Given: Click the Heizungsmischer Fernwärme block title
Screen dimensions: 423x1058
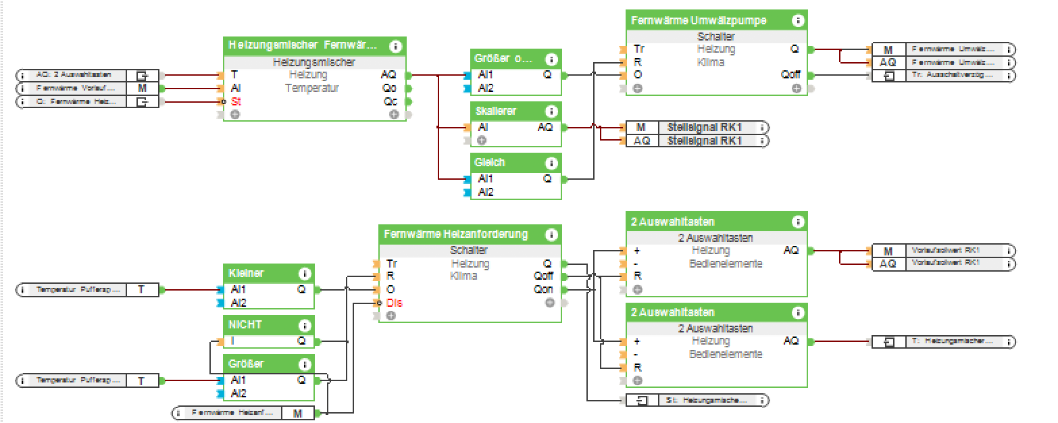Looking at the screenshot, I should (303, 46).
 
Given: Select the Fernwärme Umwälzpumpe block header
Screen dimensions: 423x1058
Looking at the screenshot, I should (699, 20).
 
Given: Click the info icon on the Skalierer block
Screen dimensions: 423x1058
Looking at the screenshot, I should (551, 111).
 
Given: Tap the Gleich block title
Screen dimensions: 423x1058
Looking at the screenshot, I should (490, 163).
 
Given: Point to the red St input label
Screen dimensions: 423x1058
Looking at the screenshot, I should (236, 101).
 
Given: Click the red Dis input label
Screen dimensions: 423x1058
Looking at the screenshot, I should (395, 302).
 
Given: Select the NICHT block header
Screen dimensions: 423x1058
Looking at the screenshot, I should (245, 325).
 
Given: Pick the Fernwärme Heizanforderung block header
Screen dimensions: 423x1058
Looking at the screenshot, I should (456, 234).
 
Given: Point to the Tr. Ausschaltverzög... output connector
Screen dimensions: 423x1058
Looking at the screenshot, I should (943, 75).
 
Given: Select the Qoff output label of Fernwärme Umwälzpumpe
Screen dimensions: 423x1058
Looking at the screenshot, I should (790, 75).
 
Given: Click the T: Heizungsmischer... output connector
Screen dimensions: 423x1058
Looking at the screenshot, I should (943, 342).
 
